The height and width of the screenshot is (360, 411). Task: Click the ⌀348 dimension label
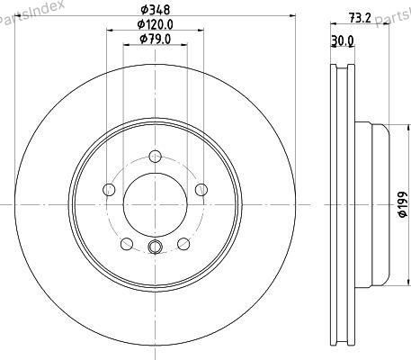pyautogui.click(x=156, y=10)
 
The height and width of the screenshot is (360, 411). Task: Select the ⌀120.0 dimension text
pyautogui.click(x=156, y=24)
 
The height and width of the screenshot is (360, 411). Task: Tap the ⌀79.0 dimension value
pyautogui.click(x=156, y=39)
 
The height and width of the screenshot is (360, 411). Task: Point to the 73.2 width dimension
pyautogui.click(x=360, y=18)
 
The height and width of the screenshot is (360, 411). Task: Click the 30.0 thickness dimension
pyautogui.click(x=343, y=40)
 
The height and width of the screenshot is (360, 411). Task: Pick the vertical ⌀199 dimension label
pyautogui.click(x=403, y=204)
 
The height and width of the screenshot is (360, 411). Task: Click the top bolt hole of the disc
pyautogui.click(x=156, y=157)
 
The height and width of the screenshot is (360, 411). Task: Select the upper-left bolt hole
pyautogui.click(x=109, y=189)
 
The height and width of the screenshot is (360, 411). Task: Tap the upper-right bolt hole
pyautogui.click(x=201, y=189)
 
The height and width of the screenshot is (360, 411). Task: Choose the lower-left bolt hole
pyautogui.click(x=127, y=244)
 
